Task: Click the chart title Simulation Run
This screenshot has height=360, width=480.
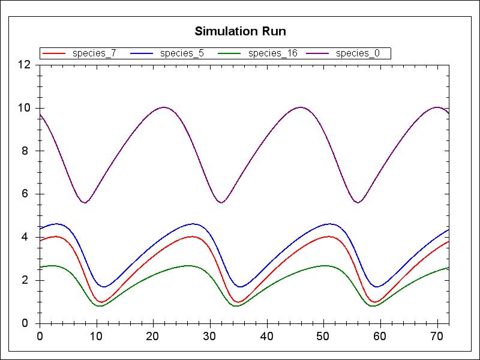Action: coord(240,31)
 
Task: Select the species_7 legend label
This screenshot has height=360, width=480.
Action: coord(94,53)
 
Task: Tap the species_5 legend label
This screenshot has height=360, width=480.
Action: coord(182,53)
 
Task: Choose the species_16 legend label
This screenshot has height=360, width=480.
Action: coord(272,53)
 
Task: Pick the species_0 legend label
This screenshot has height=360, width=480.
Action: coord(358,53)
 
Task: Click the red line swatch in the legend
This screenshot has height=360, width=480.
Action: coord(54,53)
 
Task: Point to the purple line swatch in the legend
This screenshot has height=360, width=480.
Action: coord(318,53)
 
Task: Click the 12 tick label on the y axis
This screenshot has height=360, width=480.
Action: coord(24,65)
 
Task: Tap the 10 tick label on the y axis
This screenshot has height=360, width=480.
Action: coord(24,108)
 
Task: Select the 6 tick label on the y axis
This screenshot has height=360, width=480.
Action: coord(26,194)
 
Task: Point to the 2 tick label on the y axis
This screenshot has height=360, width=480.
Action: coord(26,280)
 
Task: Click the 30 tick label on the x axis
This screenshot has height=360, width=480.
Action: coord(210,335)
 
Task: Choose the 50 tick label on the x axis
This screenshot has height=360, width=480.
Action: coord(323,335)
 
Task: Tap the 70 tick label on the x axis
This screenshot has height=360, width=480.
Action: coord(437,335)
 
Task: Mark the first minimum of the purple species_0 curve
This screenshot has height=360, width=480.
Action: coord(85,202)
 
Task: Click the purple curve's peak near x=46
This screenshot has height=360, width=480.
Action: coord(301,107)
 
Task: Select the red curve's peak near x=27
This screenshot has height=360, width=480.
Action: coord(192,236)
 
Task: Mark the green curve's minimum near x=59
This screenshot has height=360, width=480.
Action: coord(374,306)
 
